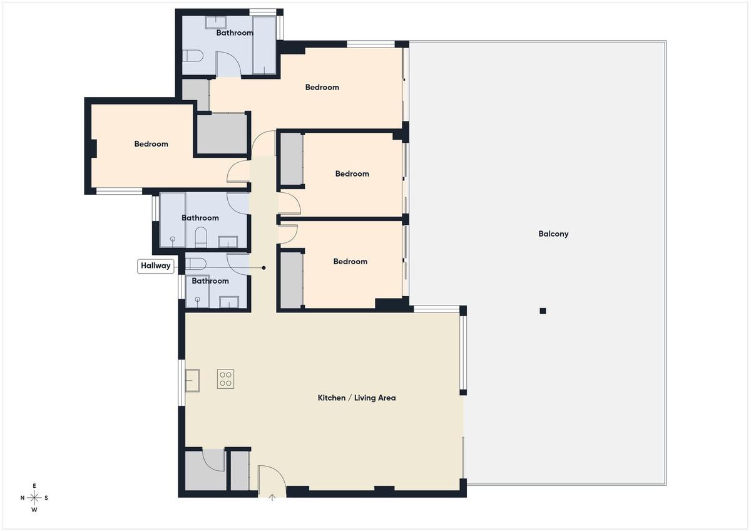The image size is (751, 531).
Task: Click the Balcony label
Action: pos(553,234)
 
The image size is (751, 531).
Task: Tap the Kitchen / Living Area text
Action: pos(356,398)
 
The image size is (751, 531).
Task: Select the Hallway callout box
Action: pos(156,266)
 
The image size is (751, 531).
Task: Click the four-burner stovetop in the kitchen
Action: pos(225,379)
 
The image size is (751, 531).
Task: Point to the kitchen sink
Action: pos(193,380)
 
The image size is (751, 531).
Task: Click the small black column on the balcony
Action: pos(543,311)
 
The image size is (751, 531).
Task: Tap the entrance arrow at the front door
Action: pos(272,497)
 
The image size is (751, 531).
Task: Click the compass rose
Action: pos(34,498)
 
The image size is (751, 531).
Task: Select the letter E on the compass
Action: pos(34,486)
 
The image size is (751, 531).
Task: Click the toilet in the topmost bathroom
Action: pos(193,56)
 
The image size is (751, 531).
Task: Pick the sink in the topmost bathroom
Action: pos(215,23)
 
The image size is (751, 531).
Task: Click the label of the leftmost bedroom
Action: pos(151,144)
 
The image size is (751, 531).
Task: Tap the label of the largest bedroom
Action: pos(322,87)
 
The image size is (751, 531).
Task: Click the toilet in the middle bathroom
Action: pos(200,237)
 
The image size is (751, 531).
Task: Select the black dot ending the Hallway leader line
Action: pos(264,267)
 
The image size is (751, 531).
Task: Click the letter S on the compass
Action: pos(46,498)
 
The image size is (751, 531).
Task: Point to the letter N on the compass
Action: pos(23,498)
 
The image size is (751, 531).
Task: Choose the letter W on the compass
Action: pos(34,510)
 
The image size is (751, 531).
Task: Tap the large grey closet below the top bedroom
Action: pos(222,134)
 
